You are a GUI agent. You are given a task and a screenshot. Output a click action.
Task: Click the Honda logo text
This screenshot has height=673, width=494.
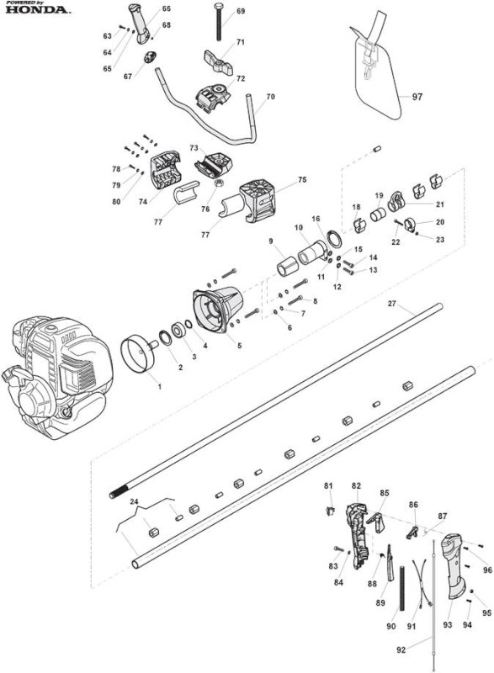click(x=37, y=9)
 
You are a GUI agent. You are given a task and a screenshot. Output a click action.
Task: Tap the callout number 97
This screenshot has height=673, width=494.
click(x=417, y=97)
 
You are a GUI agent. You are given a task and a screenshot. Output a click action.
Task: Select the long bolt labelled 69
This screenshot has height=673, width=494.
click(x=219, y=22)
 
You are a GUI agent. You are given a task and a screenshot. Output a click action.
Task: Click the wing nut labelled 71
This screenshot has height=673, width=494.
click(x=219, y=62)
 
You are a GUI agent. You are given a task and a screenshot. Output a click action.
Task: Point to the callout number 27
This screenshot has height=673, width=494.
click(x=391, y=304)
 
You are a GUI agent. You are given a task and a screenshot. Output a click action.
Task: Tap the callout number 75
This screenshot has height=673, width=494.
click(x=302, y=180)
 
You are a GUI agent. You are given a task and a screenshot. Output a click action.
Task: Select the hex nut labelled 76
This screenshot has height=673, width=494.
click(x=218, y=183)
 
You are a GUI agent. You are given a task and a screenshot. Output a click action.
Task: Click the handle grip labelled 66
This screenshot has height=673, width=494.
click(x=141, y=23)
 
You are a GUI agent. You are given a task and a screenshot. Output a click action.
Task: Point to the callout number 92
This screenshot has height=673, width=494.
click(x=401, y=649)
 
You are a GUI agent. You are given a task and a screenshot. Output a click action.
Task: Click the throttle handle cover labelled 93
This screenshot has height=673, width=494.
click(x=455, y=565)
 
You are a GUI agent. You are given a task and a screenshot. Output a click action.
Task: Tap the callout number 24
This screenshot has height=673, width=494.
click(x=134, y=501)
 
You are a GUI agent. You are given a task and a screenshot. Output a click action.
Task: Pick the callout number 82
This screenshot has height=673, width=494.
click(x=356, y=485)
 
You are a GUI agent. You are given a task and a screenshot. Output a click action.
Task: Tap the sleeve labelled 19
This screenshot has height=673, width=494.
click(x=378, y=215)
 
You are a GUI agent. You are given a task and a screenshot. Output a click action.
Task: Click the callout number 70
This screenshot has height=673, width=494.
click(x=270, y=97)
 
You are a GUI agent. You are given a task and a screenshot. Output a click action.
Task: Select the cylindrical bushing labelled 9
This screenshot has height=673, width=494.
click(x=288, y=266)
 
